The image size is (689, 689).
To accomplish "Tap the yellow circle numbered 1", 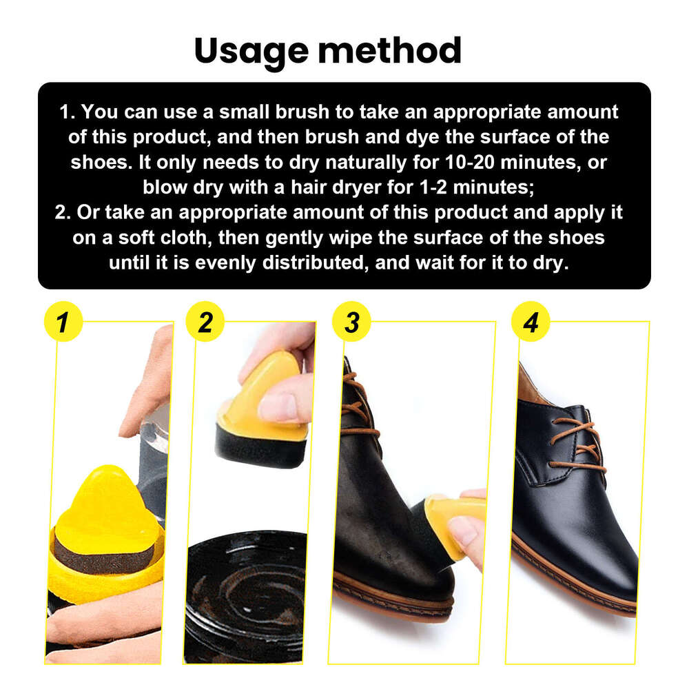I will pyautogui.click(x=63, y=322).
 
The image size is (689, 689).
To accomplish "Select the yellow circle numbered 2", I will pyautogui.click(x=205, y=322).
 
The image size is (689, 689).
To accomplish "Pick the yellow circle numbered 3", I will pyautogui.click(x=352, y=322).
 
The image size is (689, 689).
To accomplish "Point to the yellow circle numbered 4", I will pyautogui.click(x=531, y=322).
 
